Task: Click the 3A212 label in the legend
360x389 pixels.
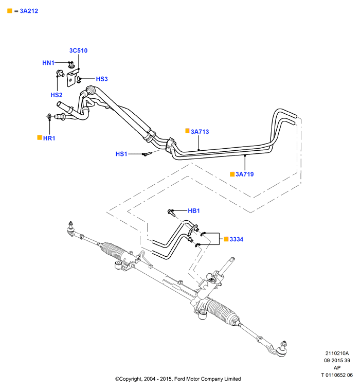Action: [x=29, y=11]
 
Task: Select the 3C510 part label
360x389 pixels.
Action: [x=78, y=50]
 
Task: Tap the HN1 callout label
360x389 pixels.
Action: [x=48, y=63]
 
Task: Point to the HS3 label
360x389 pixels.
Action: [x=102, y=79]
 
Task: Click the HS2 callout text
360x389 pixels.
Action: [x=57, y=95]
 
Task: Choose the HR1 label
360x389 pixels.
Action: [x=49, y=138]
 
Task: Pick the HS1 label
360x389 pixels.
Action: [x=121, y=154]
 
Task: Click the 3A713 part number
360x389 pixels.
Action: [x=200, y=132]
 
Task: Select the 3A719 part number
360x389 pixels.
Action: [x=245, y=174]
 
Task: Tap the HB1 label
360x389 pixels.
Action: [x=194, y=211]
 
